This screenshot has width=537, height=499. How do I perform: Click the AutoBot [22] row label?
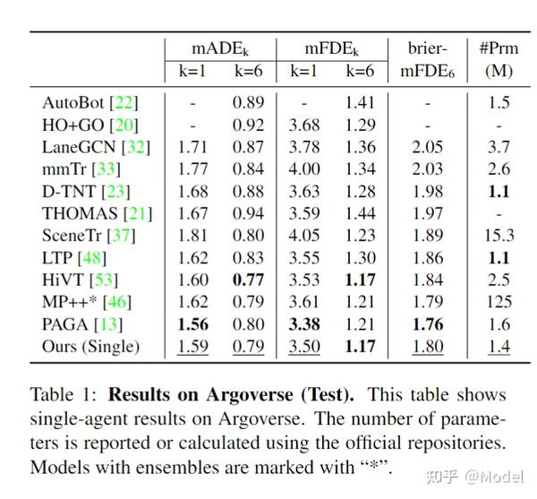pos(90,103)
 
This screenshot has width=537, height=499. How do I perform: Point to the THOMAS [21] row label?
pos(97,214)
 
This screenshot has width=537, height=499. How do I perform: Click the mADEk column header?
pos(220,49)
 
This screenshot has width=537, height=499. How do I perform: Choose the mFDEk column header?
pos(332,49)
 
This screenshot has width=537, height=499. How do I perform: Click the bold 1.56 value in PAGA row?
pos(193,324)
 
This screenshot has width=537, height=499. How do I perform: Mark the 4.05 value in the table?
pos(305,236)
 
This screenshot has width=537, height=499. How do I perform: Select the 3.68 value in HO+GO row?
pos(305,125)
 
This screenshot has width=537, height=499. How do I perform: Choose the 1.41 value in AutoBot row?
pos(360,103)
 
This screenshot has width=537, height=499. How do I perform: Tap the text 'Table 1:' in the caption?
pos(61,396)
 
